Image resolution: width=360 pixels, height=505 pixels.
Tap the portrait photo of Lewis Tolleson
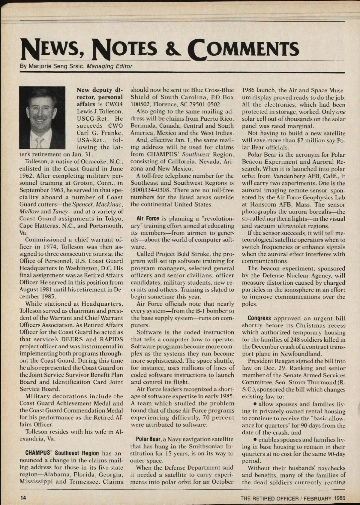(x=42, y=117)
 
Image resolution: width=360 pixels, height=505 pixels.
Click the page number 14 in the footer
(x=23, y=497)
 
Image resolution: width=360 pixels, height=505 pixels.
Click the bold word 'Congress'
(x=259, y=318)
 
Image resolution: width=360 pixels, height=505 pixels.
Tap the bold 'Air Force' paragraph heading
(x=148, y=219)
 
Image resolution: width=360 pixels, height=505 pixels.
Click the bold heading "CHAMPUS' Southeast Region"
(x=62, y=453)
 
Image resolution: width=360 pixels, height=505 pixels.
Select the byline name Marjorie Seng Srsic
(x=56, y=66)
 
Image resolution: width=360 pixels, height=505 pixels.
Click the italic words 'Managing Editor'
(x=109, y=66)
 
